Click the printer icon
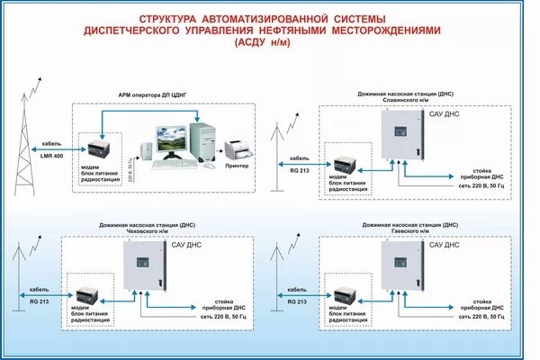(x=236, y=148)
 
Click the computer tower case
(x=205, y=141)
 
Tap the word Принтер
(x=236, y=166)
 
